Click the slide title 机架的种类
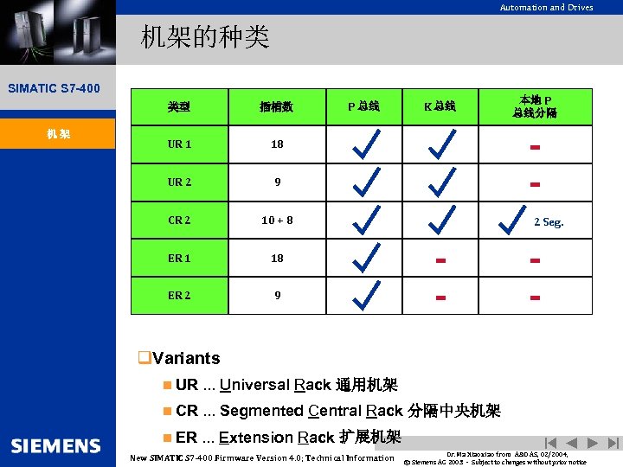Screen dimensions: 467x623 206,37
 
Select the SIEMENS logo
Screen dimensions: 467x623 56,445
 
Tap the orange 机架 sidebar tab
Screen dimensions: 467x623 58,134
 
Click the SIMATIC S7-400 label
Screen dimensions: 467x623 54,88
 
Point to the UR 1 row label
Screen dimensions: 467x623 179,144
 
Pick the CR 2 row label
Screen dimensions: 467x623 179,221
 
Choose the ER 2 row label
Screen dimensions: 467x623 179,296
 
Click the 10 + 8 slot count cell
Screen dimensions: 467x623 277,221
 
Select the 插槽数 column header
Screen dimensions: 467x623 276,107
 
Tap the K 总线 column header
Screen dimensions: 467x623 440,107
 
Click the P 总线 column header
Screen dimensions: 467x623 363,107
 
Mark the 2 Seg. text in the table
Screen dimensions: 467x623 549,222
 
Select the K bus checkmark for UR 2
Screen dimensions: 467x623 441,182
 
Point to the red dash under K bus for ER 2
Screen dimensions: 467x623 440,297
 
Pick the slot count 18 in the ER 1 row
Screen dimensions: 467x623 277,259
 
